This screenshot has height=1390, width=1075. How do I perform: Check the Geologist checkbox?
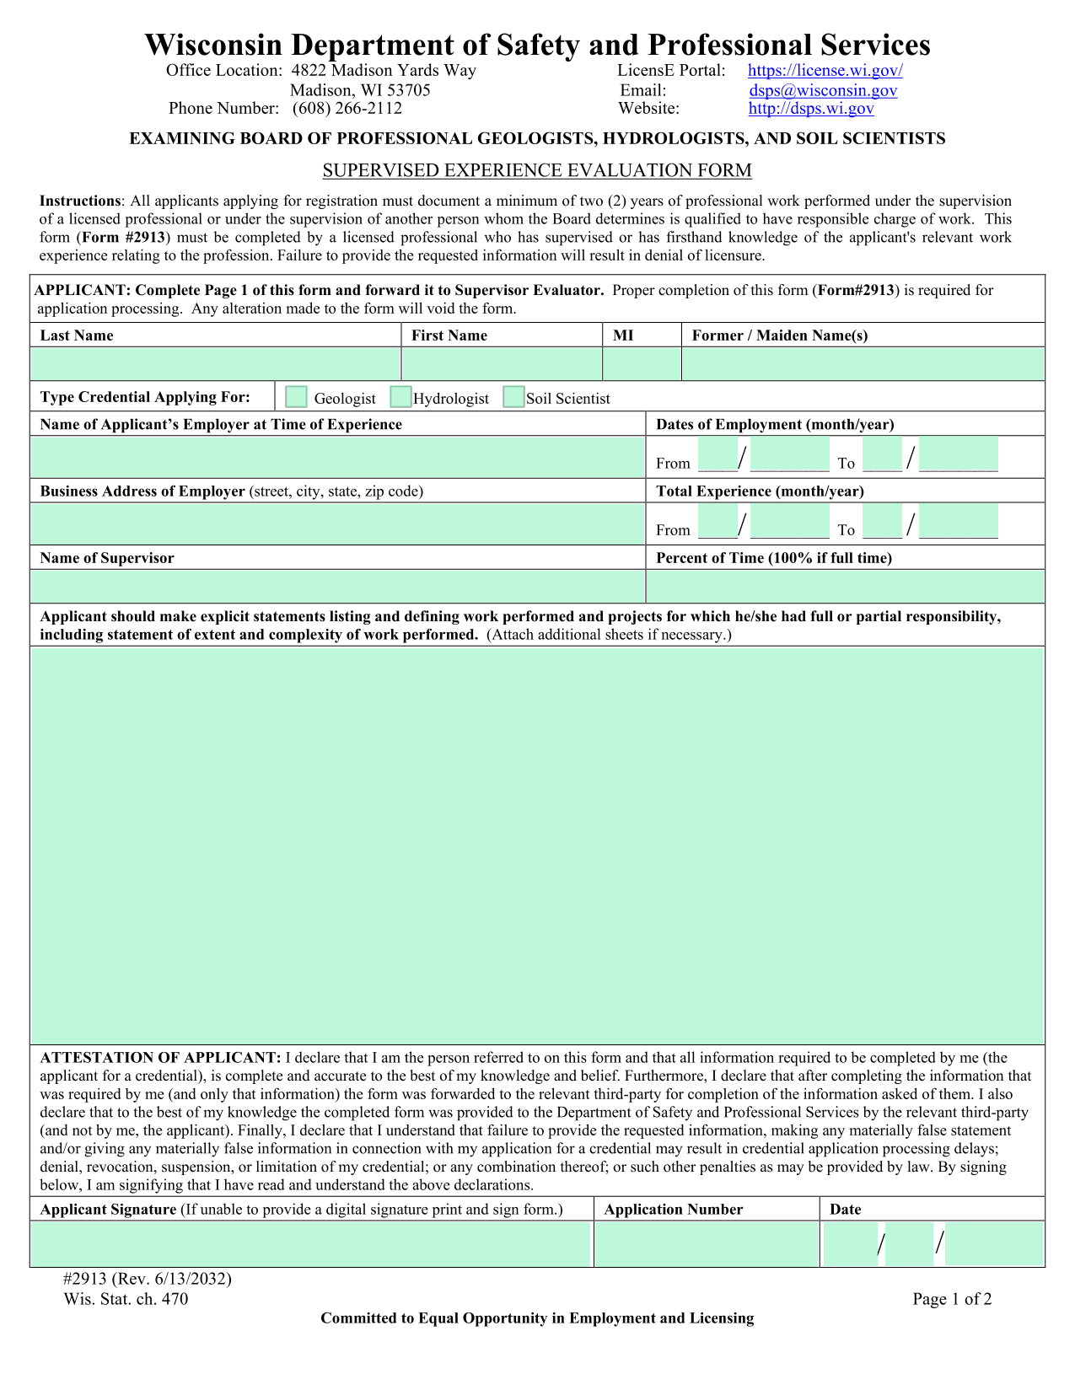[x=296, y=397]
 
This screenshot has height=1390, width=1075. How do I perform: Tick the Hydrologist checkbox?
[x=400, y=397]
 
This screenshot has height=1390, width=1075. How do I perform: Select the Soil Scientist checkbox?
[x=513, y=397]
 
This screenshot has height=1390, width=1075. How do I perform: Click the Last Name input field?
[x=216, y=364]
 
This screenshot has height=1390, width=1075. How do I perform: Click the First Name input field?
[x=502, y=364]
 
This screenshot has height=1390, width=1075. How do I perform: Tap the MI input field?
[x=642, y=364]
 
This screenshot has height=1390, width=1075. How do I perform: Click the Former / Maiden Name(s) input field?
[x=863, y=364]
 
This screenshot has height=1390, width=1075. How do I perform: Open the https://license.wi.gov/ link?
[x=825, y=71]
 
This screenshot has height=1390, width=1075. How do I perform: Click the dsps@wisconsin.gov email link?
[x=823, y=90]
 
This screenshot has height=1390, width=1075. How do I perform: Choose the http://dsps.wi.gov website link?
[x=811, y=109]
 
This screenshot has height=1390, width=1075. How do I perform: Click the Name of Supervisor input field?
[x=337, y=586]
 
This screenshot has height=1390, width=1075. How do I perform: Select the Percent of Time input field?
[x=845, y=586]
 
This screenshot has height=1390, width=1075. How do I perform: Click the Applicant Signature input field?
[x=311, y=1244]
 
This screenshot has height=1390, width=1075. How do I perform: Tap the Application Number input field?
[x=707, y=1244]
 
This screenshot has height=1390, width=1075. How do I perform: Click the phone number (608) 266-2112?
[x=347, y=109]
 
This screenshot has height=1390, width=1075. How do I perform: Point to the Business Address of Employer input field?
[x=337, y=523]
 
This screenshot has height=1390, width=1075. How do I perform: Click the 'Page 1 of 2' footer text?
[x=952, y=1299]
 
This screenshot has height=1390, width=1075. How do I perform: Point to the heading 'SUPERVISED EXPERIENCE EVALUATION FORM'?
[x=537, y=171]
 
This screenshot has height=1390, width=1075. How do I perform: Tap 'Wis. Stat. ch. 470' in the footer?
[x=126, y=1299]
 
